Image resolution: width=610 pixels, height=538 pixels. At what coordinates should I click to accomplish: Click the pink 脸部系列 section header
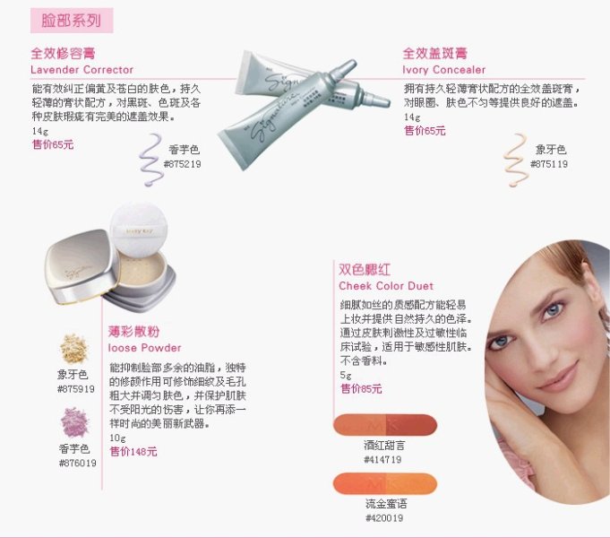click(71, 19)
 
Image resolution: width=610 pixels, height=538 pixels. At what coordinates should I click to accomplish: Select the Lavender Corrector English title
click(82, 70)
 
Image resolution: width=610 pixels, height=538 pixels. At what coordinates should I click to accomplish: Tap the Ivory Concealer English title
click(444, 70)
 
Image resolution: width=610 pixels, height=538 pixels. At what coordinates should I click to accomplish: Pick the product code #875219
click(182, 164)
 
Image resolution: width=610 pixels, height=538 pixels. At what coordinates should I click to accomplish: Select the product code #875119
click(548, 164)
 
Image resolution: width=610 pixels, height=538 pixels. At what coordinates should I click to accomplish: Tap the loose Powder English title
click(144, 347)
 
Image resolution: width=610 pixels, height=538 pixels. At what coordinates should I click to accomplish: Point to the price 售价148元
click(133, 451)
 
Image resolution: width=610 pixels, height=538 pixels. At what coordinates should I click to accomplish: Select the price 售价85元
click(361, 388)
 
